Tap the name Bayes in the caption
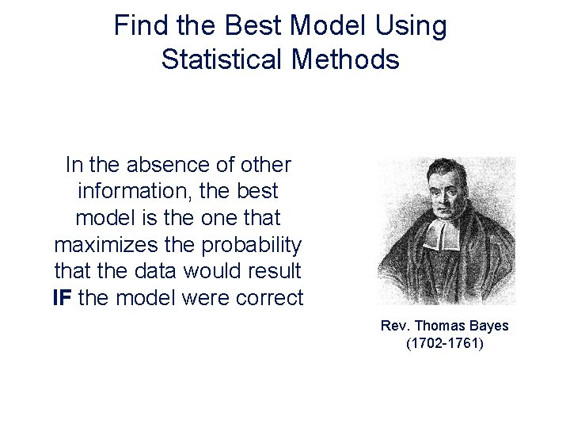coord(491,326)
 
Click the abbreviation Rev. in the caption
coord(394,326)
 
